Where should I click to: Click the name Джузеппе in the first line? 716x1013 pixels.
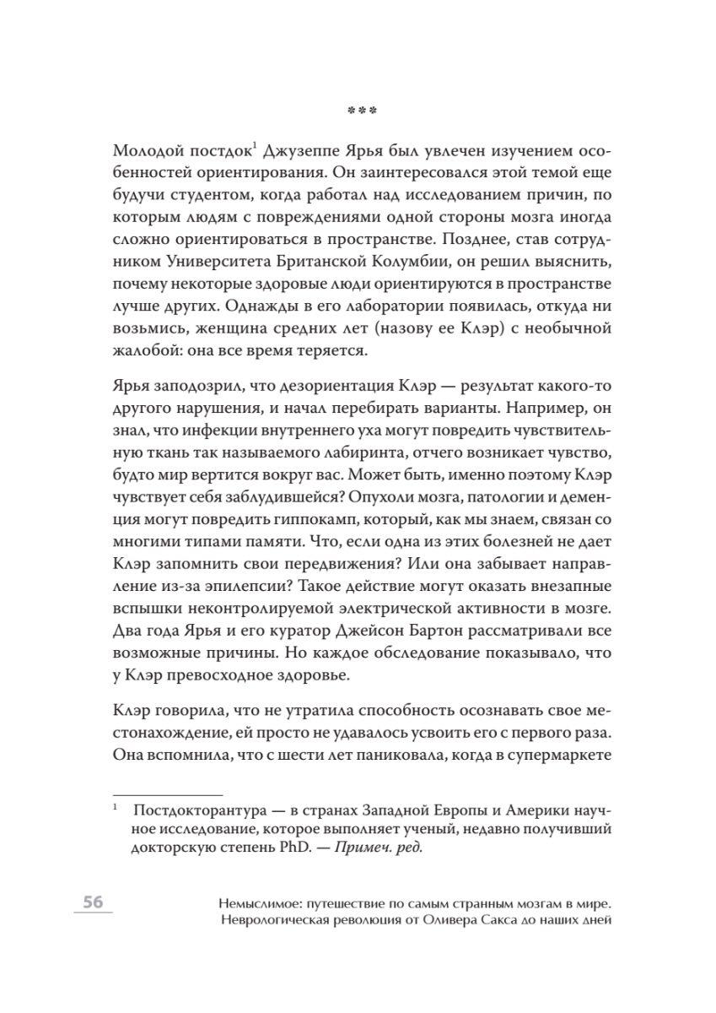pos(306,153)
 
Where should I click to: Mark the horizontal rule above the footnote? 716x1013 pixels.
pos(167,795)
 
